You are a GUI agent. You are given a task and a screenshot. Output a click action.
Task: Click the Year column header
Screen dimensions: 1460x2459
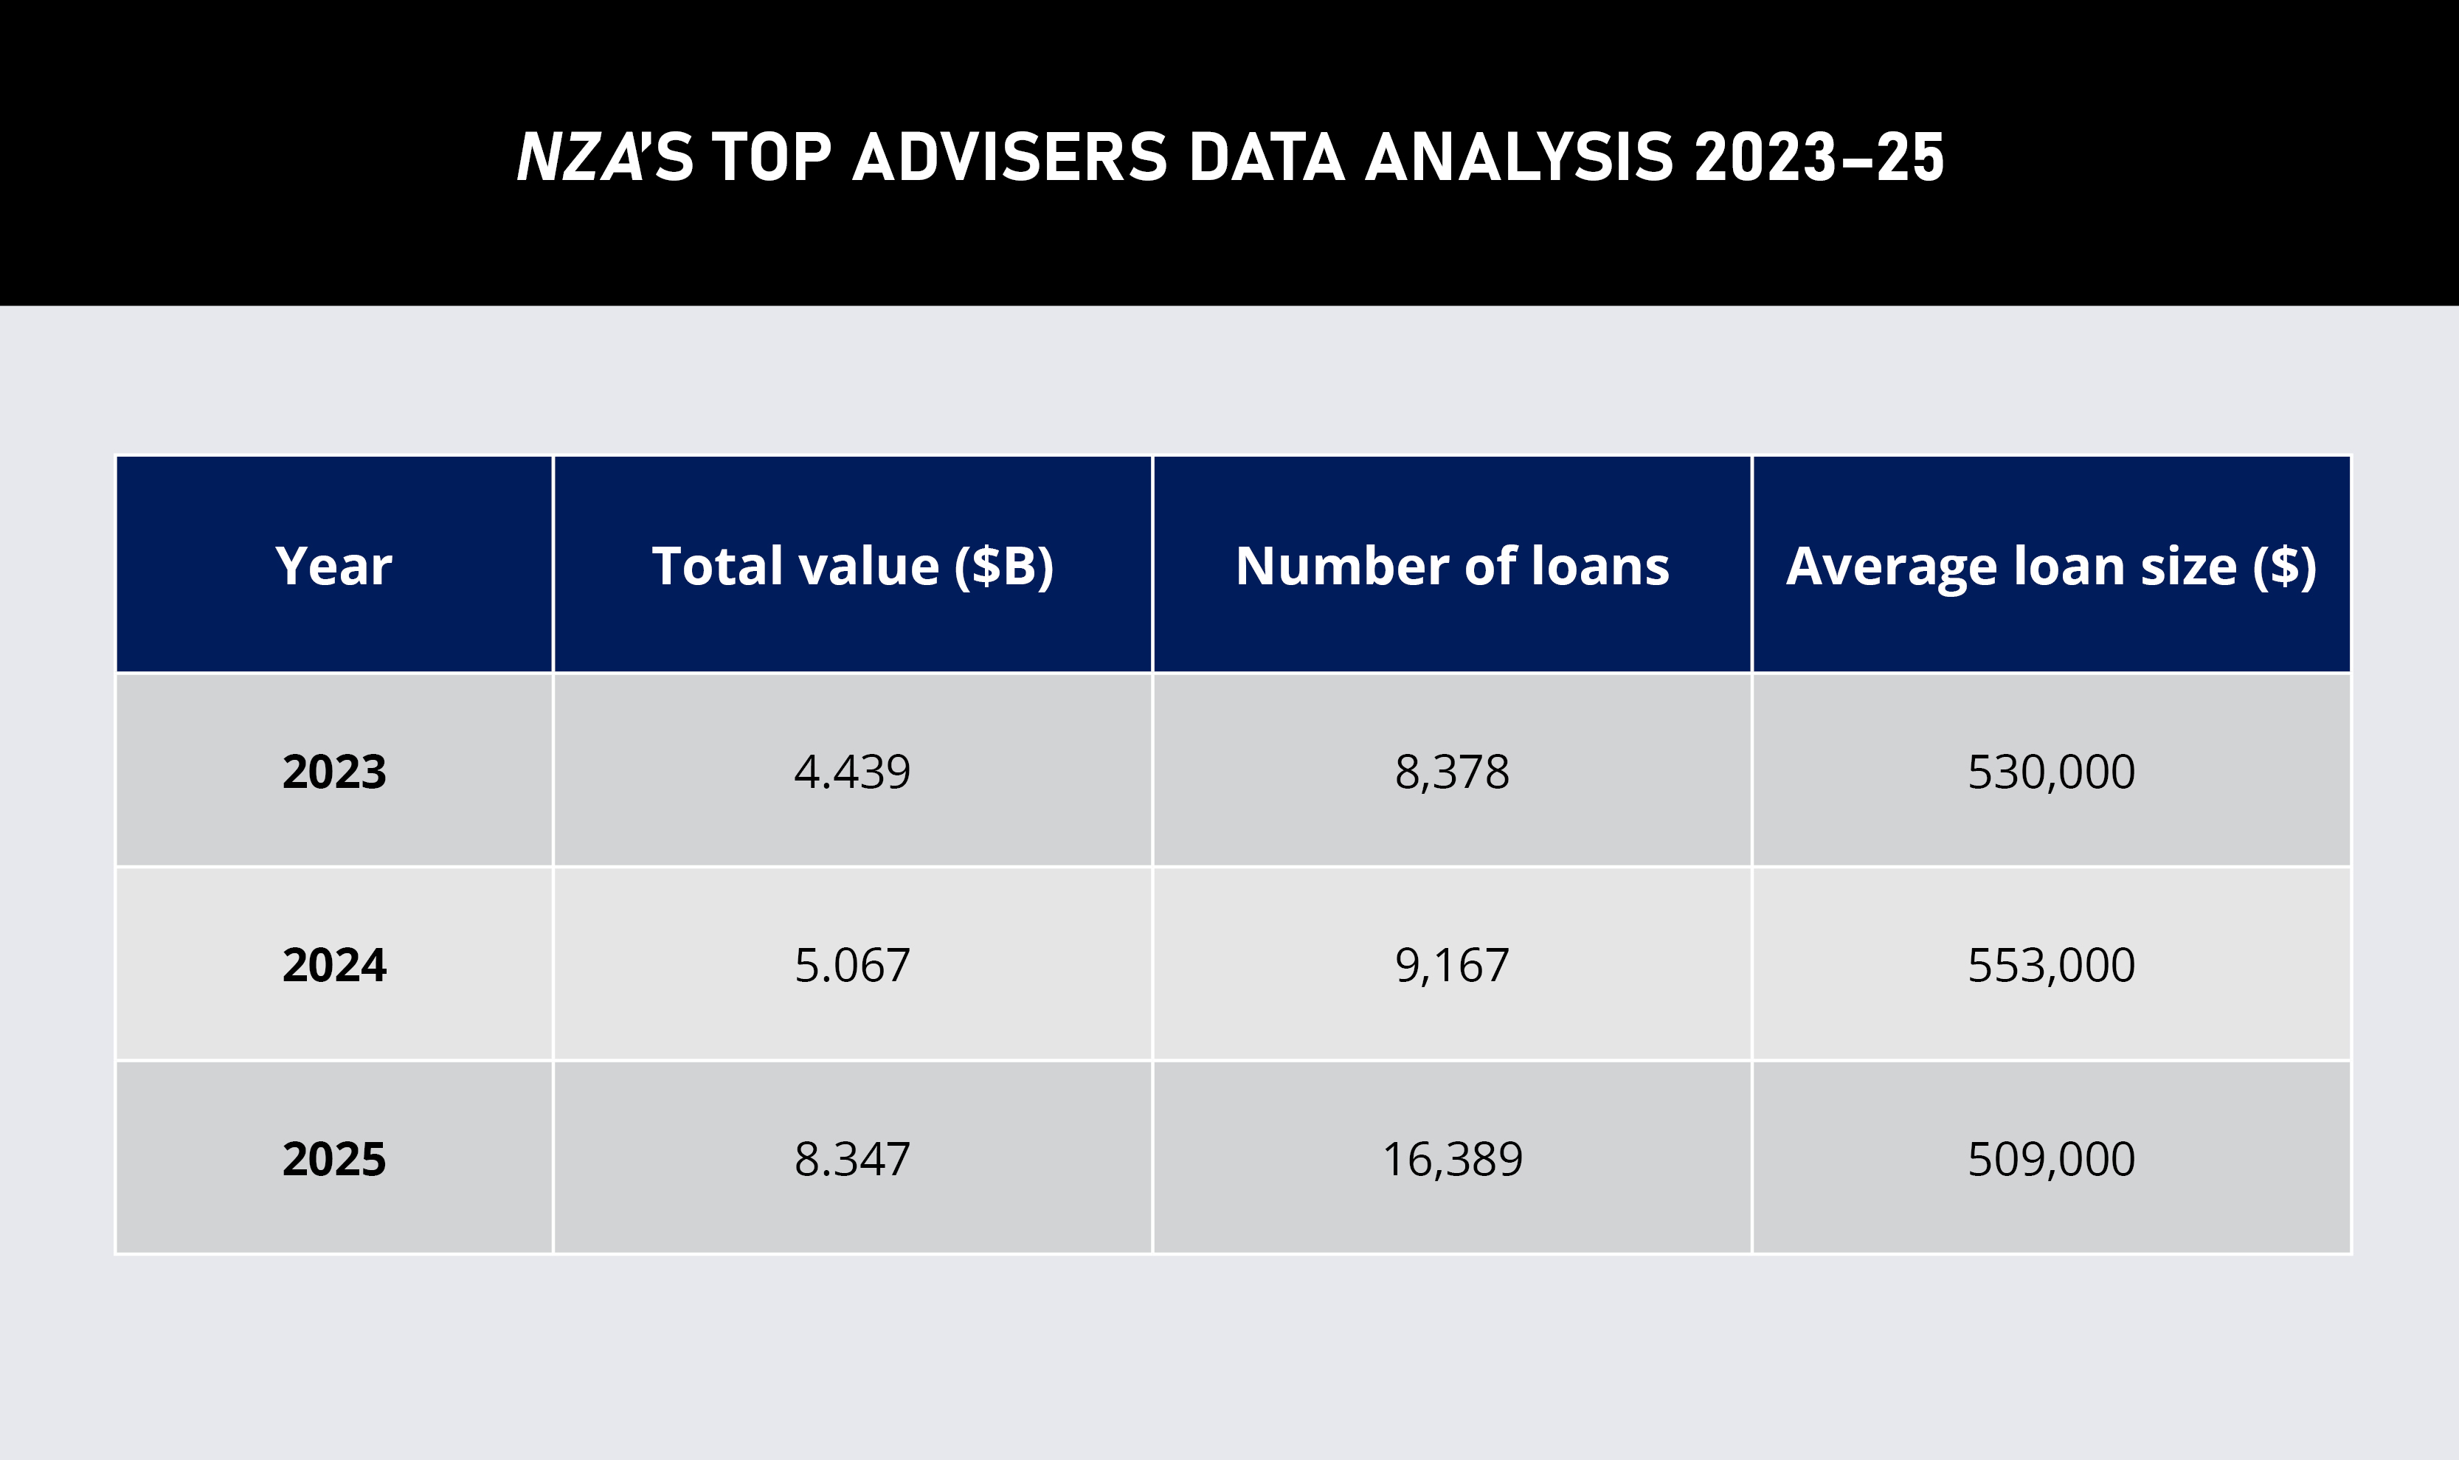coord(333,567)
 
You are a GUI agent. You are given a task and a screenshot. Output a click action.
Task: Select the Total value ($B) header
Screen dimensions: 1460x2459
coord(852,567)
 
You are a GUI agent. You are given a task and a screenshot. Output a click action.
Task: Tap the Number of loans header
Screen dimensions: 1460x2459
coord(1452,567)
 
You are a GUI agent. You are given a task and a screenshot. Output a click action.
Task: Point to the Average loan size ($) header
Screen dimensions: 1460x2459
coord(2051,567)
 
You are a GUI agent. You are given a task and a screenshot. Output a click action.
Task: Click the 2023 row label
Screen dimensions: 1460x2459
coord(333,772)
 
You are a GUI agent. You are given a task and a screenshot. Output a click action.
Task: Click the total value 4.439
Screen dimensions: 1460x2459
coord(852,772)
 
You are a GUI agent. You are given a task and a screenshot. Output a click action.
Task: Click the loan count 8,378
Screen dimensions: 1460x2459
coord(1452,772)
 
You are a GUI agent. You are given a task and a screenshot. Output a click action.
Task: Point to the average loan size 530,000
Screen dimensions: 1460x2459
coord(2051,772)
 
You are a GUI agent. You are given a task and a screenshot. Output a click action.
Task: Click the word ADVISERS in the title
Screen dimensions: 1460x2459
coord(1009,157)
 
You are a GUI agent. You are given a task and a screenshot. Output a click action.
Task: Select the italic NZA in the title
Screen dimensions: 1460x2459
coord(579,157)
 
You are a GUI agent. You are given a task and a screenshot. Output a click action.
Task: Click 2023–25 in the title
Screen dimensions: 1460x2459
coord(1819,157)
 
